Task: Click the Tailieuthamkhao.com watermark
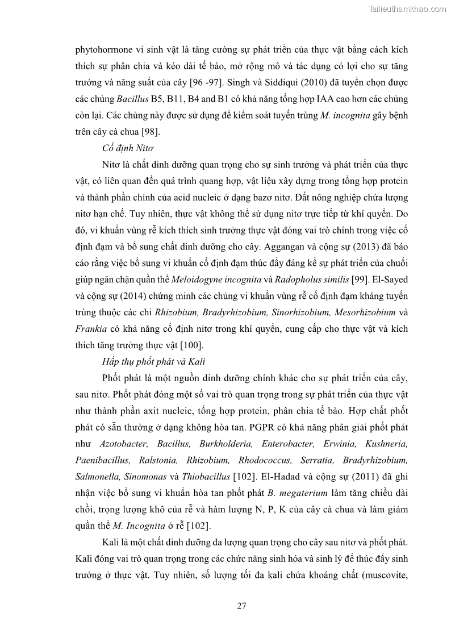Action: pos(407,9)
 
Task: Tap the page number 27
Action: pos(241,606)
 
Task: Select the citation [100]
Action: pos(192,345)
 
